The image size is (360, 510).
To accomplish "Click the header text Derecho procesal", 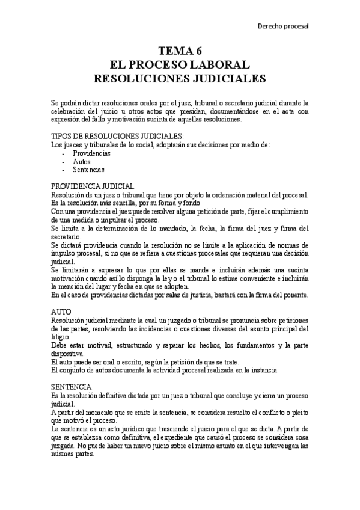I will click(282, 26).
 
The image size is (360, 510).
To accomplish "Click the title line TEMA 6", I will click(180, 51).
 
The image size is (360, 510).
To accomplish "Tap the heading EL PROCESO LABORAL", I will click(180, 64).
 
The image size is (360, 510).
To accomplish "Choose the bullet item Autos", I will click(82, 162).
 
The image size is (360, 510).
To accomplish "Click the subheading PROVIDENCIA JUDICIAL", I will click(93, 186).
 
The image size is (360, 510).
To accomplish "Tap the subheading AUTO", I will click(61, 312).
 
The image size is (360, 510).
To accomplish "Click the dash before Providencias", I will click(63, 153).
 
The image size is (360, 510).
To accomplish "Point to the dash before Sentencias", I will click(63, 170).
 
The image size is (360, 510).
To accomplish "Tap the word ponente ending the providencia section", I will click(294, 295).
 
